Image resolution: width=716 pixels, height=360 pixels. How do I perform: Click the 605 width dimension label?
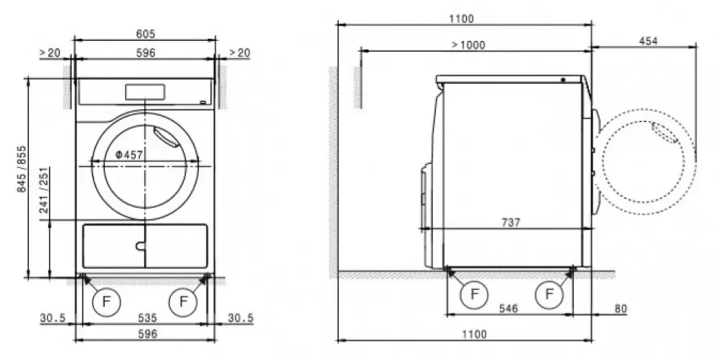point(145,34)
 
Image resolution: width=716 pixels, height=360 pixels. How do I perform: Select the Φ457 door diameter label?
point(129,155)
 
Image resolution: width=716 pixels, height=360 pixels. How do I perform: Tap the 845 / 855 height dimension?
point(22,169)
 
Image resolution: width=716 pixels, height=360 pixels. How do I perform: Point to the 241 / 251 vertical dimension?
point(45,190)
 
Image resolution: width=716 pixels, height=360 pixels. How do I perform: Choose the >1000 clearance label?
point(468,45)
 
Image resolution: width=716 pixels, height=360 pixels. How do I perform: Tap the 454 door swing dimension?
point(648,41)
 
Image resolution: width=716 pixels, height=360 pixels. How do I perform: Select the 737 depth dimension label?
point(511,223)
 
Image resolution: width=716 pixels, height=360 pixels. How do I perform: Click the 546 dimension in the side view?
point(508,308)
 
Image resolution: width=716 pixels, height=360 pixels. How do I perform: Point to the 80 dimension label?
point(620,308)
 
